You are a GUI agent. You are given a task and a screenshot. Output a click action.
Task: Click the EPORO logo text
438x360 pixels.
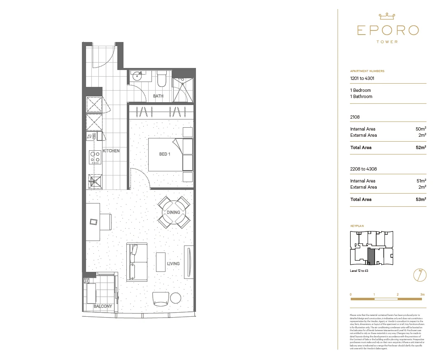click(x=388, y=30)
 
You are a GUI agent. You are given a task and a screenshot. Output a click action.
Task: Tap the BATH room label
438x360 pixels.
click(x=158, y=96)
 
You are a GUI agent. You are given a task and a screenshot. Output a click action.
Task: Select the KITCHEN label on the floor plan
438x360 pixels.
click(x=111, y=151)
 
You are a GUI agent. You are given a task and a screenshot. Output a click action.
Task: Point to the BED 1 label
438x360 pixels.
click(x=164, y=154)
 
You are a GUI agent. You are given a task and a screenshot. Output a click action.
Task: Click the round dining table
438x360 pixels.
click(x=174, y=213)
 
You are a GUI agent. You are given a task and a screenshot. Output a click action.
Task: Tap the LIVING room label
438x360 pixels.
click(x=173, y=264)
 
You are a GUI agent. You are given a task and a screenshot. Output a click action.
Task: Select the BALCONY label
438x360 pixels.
click(x=103, y=306)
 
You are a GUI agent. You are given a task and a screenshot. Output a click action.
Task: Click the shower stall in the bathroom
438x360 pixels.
click(x=182, y=89)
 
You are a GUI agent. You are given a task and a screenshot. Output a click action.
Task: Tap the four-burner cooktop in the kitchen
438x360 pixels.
click(x=96, y=157)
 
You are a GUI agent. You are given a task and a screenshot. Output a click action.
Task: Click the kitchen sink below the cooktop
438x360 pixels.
click(x=94, y=180)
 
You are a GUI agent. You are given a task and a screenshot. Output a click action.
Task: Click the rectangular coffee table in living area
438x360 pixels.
click(x=161, y=262)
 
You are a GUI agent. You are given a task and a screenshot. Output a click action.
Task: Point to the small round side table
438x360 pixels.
click(x=176, y=298)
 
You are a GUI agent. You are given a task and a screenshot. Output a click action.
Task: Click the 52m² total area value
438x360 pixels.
click(x=420, y=147)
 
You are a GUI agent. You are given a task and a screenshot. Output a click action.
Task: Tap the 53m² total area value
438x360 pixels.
click(x=420, y=199)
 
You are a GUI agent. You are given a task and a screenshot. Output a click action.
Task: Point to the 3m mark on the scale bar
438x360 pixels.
click(x=422, y=295)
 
